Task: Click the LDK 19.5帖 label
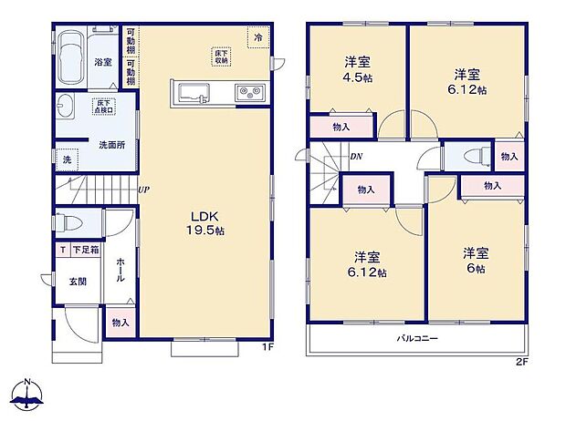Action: (203, 221)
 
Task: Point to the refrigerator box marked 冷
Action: (258, 38)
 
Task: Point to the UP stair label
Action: (143, 190)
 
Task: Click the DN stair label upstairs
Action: (356, 157)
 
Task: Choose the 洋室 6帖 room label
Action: (473, 260)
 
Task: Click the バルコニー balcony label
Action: (416, 338)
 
